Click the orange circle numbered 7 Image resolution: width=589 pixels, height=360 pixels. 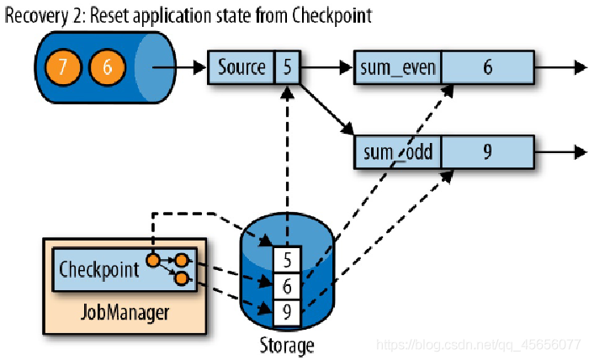point(63,67)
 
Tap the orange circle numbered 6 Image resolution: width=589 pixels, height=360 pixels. point(107,67)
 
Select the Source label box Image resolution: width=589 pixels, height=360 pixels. point(241,67)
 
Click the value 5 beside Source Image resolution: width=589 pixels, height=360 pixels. point(288,67)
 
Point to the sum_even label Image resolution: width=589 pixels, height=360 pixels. point(398,68)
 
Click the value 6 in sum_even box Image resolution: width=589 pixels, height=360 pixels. point(487,67)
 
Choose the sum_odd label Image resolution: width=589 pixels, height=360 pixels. point(398,152)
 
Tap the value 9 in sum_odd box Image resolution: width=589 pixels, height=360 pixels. point(487,151)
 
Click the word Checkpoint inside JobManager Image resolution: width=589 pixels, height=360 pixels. point(99,269)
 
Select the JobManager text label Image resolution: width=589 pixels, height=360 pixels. point(125,312)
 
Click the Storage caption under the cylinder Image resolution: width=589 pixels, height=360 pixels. point(287,345)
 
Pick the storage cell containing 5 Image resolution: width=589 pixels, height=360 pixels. point(288,260)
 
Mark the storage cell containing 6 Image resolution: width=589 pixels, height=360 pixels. point(288,287)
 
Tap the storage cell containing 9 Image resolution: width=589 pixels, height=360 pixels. point(288,312)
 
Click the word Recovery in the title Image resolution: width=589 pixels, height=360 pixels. point(37,16)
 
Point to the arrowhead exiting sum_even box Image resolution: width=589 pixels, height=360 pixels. point(581,67)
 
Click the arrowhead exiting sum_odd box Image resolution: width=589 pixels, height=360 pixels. point(581,152)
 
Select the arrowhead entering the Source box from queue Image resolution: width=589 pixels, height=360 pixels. point(200,67)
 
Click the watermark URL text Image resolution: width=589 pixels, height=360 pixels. point(478,345)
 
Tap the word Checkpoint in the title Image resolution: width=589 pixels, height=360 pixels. point(332,16)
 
